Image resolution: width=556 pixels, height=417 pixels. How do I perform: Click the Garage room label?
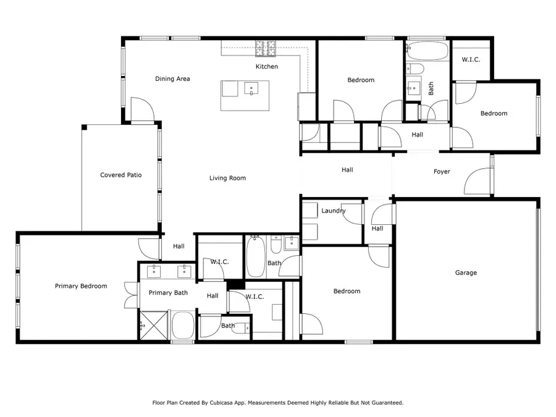coord(466,272)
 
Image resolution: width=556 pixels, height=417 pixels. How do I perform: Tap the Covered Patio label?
coord(121,175)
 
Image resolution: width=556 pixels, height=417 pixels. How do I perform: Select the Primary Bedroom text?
coord(81,286)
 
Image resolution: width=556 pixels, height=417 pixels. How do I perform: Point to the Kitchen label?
coord(267,66)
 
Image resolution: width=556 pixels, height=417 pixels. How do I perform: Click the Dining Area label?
coord(172,78)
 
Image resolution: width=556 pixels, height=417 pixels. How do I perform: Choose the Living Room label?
coord(227,178)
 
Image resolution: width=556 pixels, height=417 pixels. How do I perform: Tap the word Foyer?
coord(442,171)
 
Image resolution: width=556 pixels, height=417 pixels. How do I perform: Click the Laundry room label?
coord(333,211)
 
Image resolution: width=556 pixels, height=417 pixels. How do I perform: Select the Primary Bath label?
coord(168,293)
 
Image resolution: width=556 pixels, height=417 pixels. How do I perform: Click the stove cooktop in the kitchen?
coord(267,45)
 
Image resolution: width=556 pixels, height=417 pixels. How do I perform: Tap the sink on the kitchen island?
coord(251,88)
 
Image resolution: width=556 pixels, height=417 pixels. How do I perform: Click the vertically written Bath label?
coord(431,89)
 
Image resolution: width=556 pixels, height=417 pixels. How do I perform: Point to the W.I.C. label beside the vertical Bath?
coord(471,60)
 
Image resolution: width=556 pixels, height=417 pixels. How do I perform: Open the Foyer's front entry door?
coord(479,182)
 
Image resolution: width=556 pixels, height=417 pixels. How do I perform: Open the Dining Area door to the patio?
coord(142,110)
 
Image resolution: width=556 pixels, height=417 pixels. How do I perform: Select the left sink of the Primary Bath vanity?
coord(153,271)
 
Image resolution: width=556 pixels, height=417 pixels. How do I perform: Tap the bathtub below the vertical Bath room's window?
coord(428,51)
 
